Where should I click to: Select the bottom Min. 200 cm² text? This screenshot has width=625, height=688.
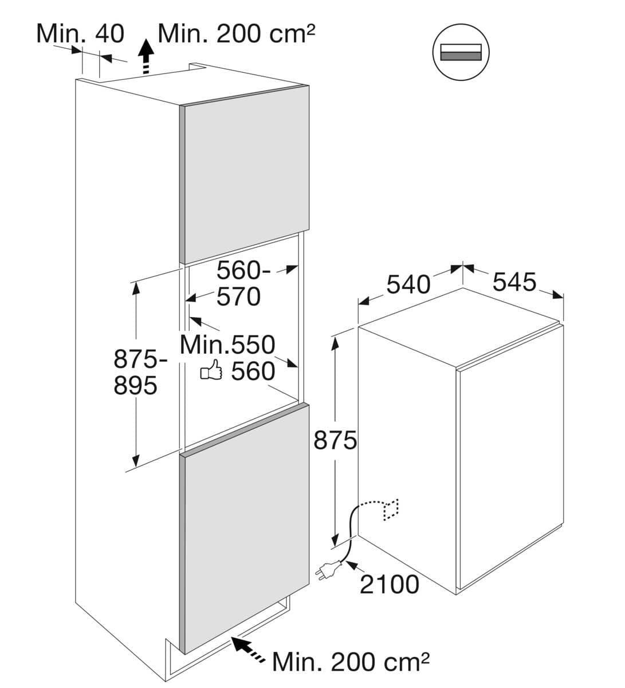(351, 662)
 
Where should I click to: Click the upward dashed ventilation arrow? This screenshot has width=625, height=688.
(147, 56)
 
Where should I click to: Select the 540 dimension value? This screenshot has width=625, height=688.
(407, 284)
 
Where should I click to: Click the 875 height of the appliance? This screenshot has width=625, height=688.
(335, 440)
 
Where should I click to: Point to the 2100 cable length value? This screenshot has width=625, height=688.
(389, 584)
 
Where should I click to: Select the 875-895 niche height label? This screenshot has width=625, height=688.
(135, 373)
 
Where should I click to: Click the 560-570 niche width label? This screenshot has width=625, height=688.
(238, 283)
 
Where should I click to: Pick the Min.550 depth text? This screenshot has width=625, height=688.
(227, 345)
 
